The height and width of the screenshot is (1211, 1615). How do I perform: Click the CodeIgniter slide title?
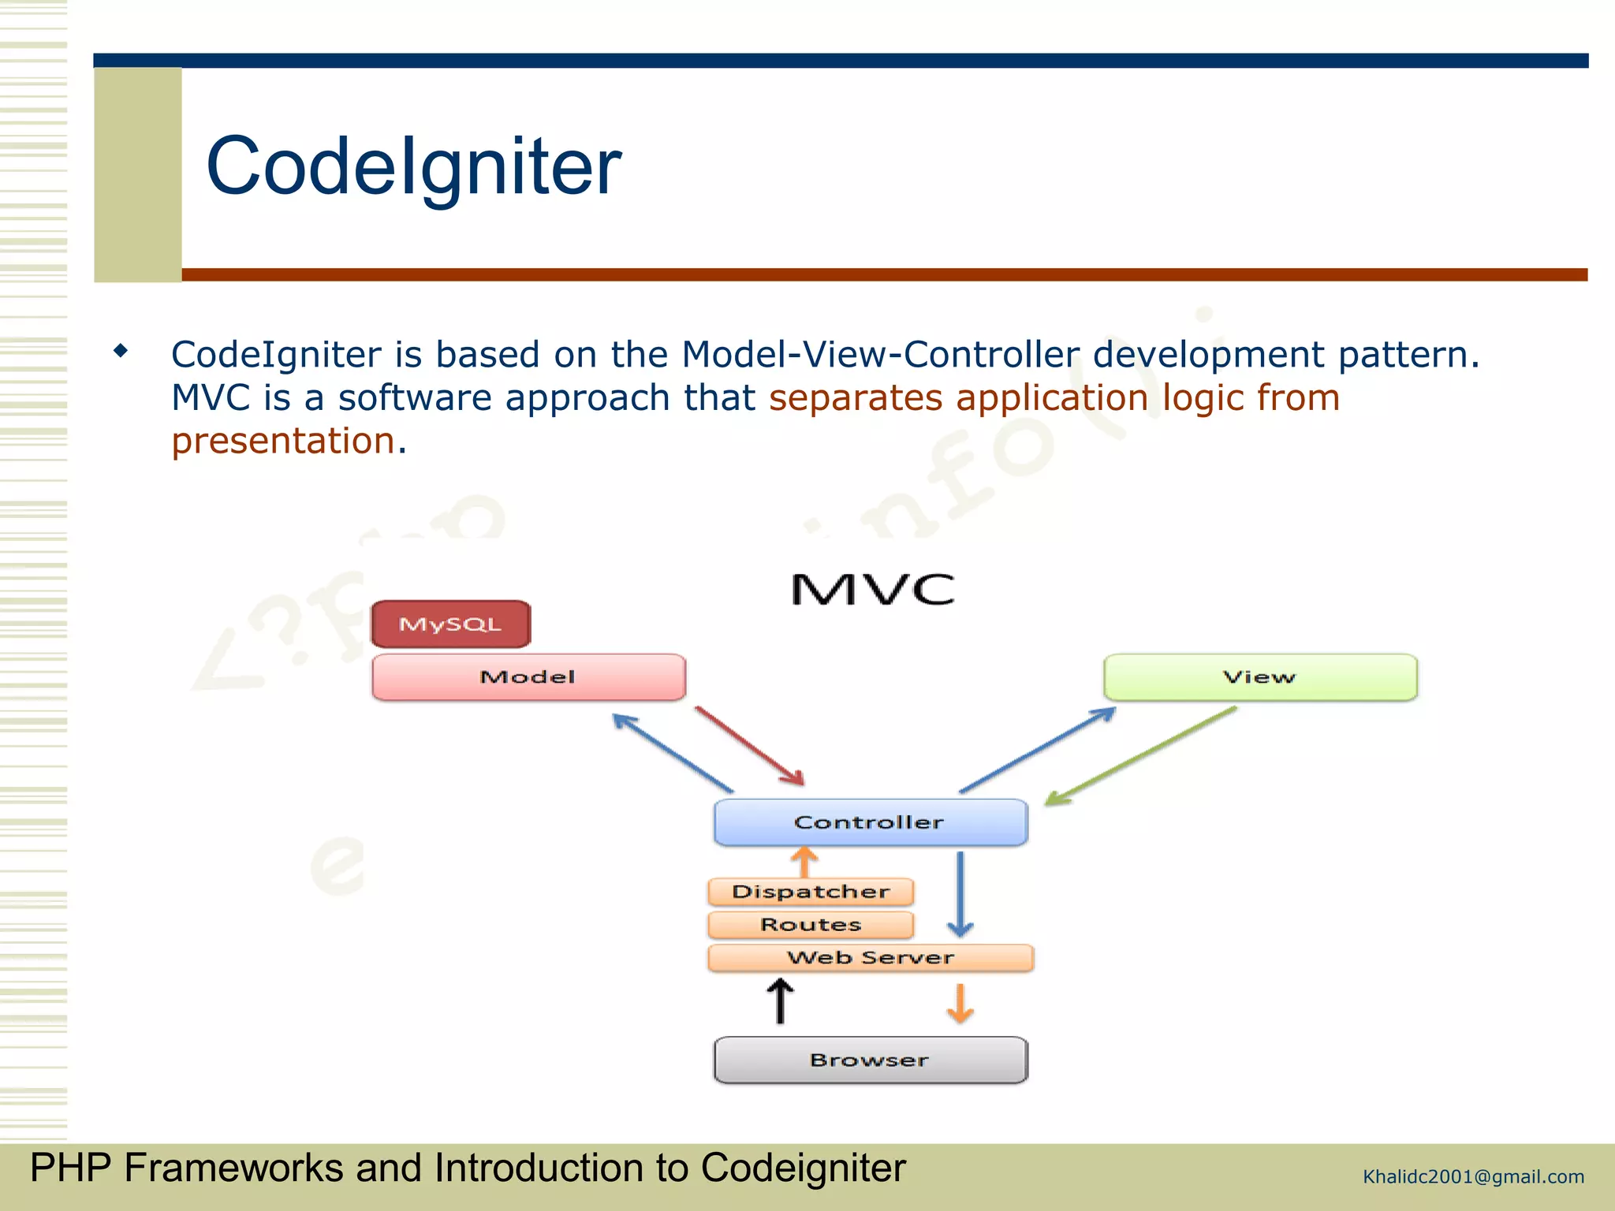[413, 166]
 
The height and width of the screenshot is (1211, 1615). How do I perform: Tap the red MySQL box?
[451, 624]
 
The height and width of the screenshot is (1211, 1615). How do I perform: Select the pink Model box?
[528, 677]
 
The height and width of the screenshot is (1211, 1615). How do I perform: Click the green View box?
[1260, 677]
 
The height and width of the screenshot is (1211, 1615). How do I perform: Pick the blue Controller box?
[870, 822]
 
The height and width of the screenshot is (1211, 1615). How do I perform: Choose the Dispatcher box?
[811, 892]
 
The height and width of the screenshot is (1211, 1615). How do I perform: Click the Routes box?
[811, 925]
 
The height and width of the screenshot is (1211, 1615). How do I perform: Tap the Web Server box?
[871, 958]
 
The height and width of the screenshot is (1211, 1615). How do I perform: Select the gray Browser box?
[870, 1060]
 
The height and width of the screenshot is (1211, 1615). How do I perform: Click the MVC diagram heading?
[872, 590]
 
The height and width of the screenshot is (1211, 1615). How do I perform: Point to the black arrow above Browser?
[780, 1000]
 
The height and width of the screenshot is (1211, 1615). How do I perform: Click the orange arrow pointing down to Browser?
[960, 1003]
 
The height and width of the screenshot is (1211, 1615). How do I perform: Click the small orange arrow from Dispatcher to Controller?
[804, 862]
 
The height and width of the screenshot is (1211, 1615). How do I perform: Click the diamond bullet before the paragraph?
[121, 350]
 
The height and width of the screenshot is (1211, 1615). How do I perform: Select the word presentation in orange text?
[283, 441]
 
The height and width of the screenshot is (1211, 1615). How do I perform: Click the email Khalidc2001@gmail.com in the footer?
[1473, 1177]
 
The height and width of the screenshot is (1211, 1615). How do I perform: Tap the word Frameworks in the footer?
[233, 1168]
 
